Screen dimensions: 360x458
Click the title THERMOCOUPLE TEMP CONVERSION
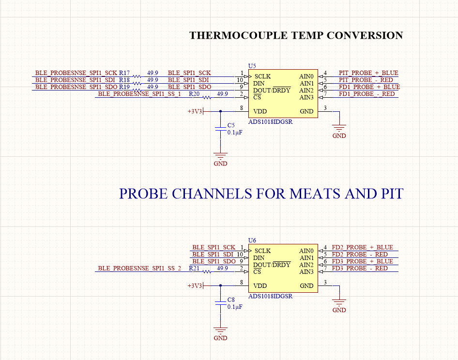coord(296,35)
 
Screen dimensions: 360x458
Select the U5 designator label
coord(252,65)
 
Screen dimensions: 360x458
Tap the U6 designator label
coord(252,240)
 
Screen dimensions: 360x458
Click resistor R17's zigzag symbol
coord(137,76)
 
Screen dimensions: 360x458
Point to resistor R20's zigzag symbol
coord(207,97)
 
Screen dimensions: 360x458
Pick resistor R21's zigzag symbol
coord(207,271)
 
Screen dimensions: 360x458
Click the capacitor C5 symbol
coord(220,128)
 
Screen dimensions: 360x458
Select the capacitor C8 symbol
coord(220,302)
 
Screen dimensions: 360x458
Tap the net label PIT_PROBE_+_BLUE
coord(368,73)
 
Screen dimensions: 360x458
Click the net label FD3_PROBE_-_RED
coord(360,268)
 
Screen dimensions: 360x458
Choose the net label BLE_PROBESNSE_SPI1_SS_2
coord(139,268)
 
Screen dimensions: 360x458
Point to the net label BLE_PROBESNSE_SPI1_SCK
coord(76,73)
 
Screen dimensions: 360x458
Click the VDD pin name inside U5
coord(260,111)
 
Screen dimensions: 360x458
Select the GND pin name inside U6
coord(306,285)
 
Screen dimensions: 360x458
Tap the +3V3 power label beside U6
coord(195,286)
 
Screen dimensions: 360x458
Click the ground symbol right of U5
coord(339,128)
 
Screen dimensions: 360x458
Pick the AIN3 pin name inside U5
coord(306,97)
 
